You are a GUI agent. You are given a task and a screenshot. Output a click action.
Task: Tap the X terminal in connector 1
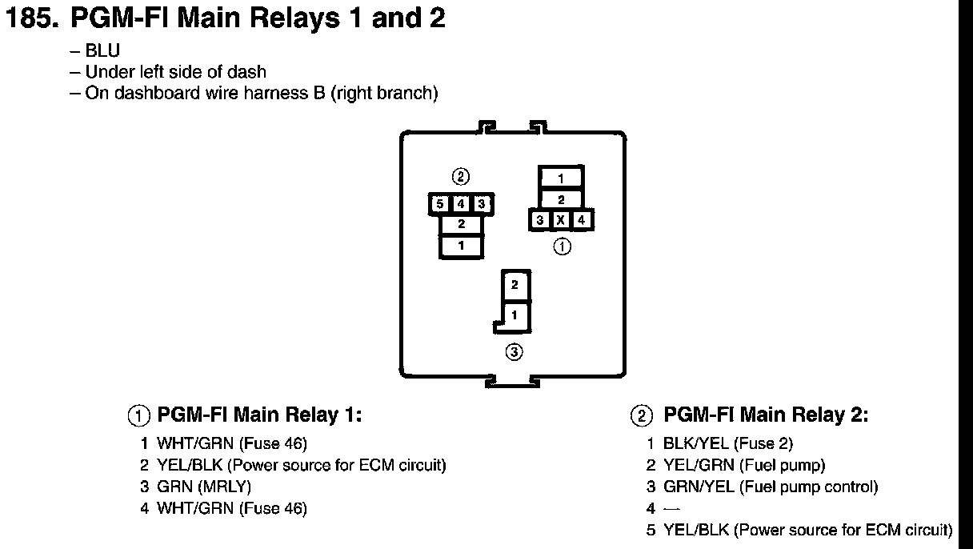(561, 220)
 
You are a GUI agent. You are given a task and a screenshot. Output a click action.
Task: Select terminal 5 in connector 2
(440, 204)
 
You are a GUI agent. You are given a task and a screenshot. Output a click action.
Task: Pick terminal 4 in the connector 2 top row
(461, 204)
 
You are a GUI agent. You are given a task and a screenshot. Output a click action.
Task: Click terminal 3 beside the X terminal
(540, 220)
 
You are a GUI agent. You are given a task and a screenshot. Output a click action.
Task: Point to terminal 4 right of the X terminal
(582, 220)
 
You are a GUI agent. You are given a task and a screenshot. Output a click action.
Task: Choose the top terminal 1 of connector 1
(561, 178)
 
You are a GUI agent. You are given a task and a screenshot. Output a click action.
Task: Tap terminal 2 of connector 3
(515, 284)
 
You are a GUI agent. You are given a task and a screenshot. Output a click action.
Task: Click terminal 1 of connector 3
(515, 315)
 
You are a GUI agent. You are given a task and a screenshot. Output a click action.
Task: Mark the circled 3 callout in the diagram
(515, 351)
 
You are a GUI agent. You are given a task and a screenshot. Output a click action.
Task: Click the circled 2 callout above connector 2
(460, 176)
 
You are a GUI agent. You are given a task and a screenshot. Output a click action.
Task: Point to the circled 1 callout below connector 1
(563, 246)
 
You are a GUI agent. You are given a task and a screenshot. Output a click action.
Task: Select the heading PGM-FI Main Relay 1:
(259, 415)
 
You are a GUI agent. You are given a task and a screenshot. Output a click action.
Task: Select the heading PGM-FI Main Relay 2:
(767, 415)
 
